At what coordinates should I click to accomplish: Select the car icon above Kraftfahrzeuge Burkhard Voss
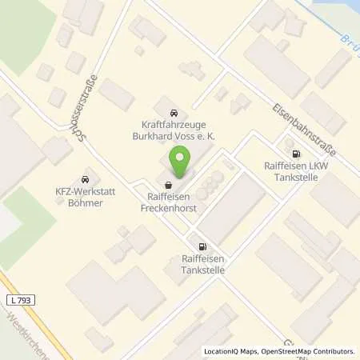174,113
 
